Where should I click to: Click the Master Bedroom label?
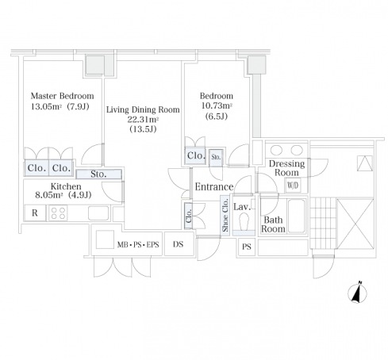pos(62,96)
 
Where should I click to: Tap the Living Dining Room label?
pos(143,109)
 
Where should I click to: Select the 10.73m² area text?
pos(217,105)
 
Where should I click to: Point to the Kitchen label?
pos(66,186)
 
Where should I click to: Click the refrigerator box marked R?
pos(35,213)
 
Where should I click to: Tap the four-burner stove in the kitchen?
pos(58,213)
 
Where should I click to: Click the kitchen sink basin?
pos(98,213)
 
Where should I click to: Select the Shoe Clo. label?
pos(225,215)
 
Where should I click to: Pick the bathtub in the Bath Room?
pos(296,216)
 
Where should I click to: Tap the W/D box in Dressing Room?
pos(293,185)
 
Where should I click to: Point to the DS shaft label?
pos(178,244)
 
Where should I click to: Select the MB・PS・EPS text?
pos(138,245)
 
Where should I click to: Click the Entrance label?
pos(214,187)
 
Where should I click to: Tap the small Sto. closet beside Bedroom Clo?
pos(216,158)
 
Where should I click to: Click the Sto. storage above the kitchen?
pos(98,174)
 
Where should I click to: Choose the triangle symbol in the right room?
pos(365,163)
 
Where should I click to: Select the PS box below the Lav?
pos(247,247)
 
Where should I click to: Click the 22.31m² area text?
pos(143,120)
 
